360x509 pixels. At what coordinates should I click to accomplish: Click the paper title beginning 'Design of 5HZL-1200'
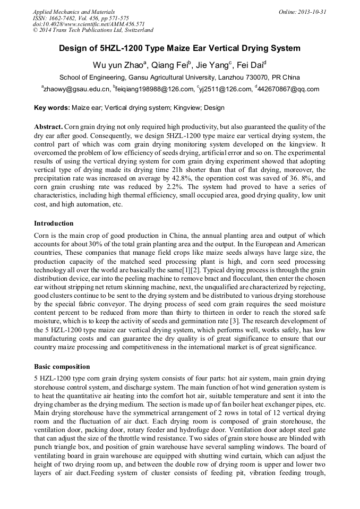click(179, 48)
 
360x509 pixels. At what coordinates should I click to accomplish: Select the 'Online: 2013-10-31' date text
click(303, 11)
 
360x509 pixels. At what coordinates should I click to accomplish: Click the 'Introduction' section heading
click(54, 223)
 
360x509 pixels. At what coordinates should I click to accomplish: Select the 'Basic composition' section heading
click(62, 367)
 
